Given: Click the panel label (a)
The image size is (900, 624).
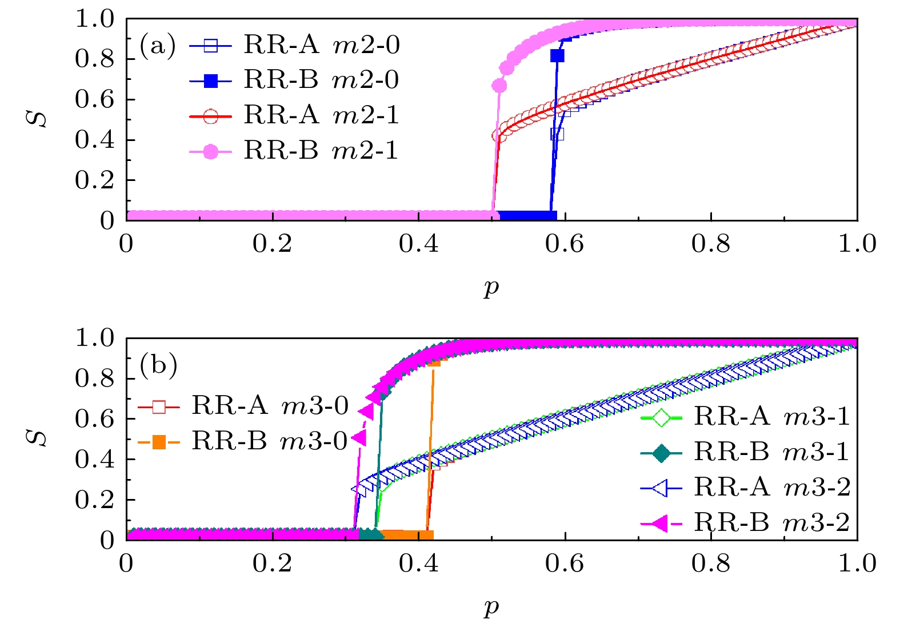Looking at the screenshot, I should [158, 46].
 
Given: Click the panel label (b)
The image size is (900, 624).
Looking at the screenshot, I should [158, 365].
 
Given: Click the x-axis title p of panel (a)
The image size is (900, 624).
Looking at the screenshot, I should [491, 288].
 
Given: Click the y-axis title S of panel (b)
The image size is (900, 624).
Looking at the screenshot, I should [39, 438].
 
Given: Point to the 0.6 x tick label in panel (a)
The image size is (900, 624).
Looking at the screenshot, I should [565, 244].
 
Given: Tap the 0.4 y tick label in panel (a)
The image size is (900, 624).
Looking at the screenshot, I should [95, 140].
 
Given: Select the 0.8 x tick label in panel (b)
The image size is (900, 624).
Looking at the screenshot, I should [711, 563].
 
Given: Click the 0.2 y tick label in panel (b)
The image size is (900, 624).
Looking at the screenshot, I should [95, 500].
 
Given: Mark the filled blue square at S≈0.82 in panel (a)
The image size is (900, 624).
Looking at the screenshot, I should [557, 55].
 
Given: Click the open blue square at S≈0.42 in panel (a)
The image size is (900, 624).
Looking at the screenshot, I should [557, 134].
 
